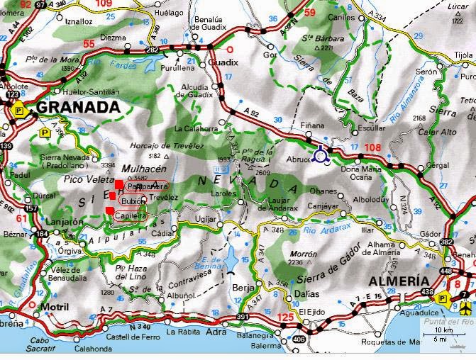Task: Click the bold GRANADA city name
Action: (x=77, y=107)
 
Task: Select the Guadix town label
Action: (x=223, y=62)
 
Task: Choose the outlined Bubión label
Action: (x=133, y=201)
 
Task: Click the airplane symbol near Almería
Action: (x=465, y=306)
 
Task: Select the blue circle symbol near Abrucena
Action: (x=321, y=153)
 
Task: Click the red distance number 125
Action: (x=288, y=316)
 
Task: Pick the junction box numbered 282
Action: (x=153, y=50)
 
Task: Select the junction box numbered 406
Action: (x=299, y=339)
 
